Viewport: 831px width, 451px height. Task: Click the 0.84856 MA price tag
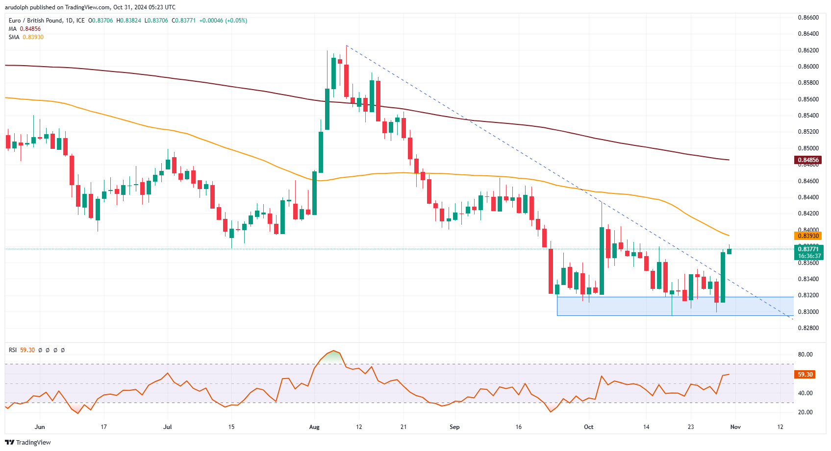point(807,160)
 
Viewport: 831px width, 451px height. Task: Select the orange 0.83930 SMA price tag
point(807,236)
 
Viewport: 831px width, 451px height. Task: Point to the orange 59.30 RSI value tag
point(805,375)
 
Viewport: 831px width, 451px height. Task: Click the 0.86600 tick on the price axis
point(808,18)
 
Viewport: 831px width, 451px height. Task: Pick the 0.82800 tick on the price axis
point(808,328)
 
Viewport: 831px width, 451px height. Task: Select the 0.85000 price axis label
point(808,148)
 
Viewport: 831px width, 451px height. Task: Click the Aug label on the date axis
point(314,427)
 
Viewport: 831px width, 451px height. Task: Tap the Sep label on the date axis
point(454,427)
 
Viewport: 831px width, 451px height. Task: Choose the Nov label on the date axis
point(735,427)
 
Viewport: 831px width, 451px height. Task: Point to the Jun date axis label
point(40,427)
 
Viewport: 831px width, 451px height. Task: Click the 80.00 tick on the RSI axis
point(805,355)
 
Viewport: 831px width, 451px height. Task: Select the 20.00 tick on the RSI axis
point(805,412)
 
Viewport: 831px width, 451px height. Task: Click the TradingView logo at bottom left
point(28,443)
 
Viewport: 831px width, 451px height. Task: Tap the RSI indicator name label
point(13,350)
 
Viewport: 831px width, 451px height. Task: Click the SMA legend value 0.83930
point(33,37)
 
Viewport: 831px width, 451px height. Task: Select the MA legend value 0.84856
point(30,29)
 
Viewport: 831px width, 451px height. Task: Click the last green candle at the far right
point(729,251)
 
